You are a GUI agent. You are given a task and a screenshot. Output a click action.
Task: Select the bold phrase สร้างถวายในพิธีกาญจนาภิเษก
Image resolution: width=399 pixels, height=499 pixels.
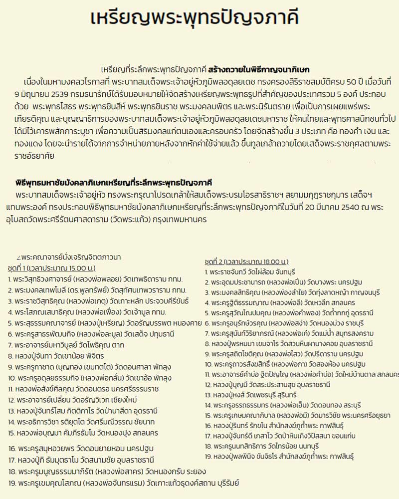260,69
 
